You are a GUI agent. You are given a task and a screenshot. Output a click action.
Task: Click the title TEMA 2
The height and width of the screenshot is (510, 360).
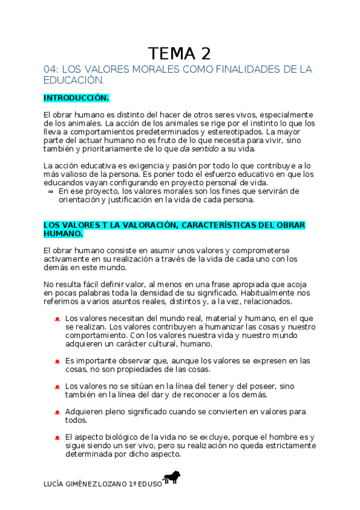180,53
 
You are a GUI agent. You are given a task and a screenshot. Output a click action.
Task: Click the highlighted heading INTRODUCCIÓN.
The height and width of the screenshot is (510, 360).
76,97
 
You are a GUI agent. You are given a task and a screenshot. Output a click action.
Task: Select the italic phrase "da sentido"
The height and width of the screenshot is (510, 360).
201,149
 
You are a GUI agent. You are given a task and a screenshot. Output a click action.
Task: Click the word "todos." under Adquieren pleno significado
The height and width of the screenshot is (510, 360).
75,420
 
